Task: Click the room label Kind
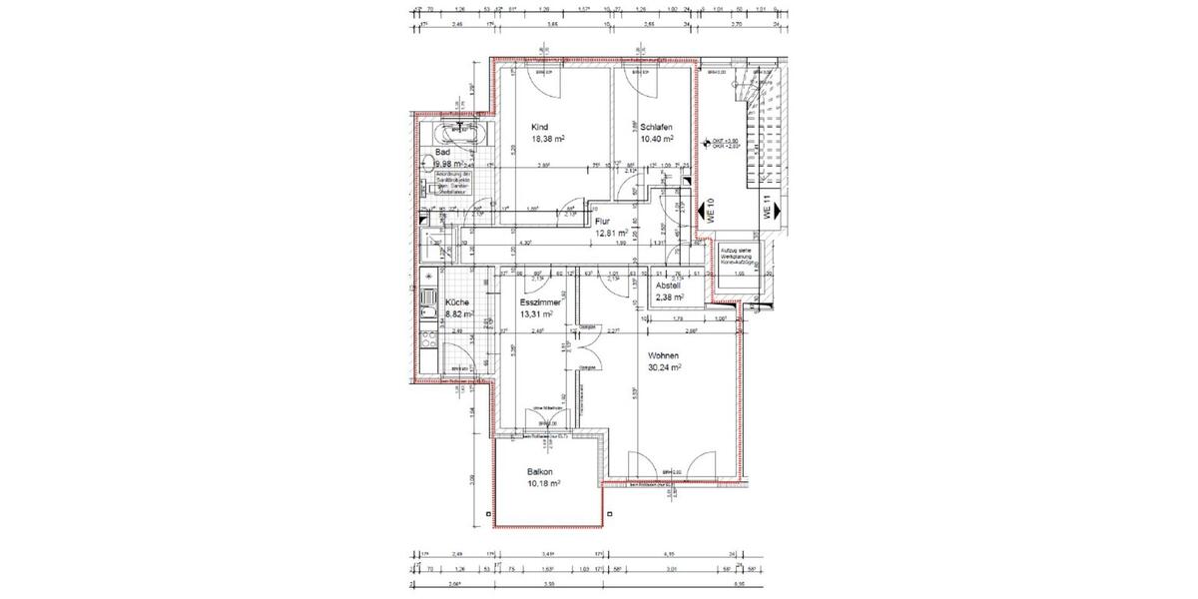pyautogui.click(x=539, y=127)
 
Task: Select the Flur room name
pyautogui.click(x=602, y=222)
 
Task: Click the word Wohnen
pyautogui.click(x=664, y=355)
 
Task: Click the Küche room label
pyautogui.click(x=457, y=301)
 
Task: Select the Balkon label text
pyautogui.click(x=540, y=472)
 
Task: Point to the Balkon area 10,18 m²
pyautogui.click(x=543, y=484)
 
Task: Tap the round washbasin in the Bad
pyautogui.click(x=429, y=163)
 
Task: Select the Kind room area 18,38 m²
pyautogui.click(x=548, y=140)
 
